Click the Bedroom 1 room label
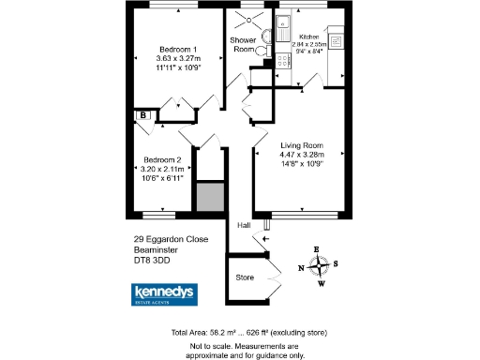point(176,50)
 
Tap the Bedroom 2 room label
point(162,159)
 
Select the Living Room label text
point(302,145)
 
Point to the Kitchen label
point(307,37)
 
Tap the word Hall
point(243,226)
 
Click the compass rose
point(320,266)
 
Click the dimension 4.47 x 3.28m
point(302,156)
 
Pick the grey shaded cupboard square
point(207,197)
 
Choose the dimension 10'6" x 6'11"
point(162,177)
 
